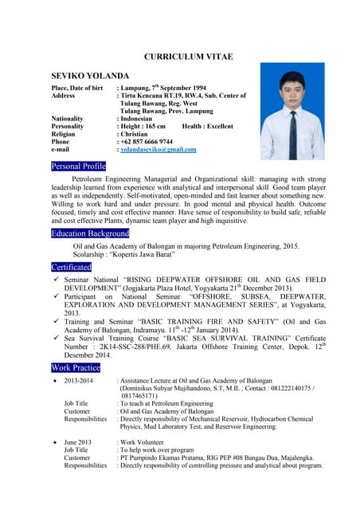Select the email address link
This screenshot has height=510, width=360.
(158, 149)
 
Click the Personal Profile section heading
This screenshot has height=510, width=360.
(78, 166)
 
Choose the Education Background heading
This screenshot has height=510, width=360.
(90, 233)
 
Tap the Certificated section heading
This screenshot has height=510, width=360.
(71, 267)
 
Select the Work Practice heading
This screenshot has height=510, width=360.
(76, 367)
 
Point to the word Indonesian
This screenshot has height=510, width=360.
(142, 118)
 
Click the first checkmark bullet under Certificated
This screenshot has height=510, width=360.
(54, 281)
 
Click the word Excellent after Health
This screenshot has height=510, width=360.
(219, 126)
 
